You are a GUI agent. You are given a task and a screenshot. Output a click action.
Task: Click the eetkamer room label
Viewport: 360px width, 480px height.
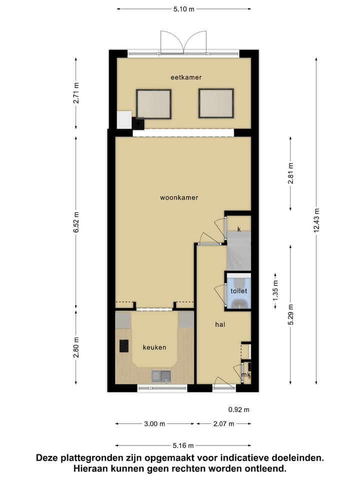[x=186, y=77]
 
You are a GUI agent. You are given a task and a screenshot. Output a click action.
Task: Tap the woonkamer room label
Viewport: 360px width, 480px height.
[x=179, y=197]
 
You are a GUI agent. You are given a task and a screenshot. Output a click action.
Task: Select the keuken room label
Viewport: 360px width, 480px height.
[x=154, y=347]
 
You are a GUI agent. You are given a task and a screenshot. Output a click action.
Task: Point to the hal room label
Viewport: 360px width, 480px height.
[x=220, y=324]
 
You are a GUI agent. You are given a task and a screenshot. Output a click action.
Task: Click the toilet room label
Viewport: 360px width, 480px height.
[x=238, y=290]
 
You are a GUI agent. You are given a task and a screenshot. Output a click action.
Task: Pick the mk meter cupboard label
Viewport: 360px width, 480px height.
[x=245, y=374]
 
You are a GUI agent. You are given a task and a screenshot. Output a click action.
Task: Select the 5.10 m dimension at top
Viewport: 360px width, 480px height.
[x=183, y=9]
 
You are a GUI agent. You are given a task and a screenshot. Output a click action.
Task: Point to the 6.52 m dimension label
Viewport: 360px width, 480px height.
[x=76, y=222]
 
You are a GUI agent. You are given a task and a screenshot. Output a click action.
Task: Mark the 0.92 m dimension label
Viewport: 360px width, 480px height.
[x=238, y=409]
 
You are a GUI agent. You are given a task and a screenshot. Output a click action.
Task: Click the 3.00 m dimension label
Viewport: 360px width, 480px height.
[x=154, y=424]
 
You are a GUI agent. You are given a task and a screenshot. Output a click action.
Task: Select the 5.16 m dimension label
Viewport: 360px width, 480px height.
[x=183, y=445]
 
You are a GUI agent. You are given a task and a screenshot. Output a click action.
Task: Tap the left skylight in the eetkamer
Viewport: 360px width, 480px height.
[x=154, y=104]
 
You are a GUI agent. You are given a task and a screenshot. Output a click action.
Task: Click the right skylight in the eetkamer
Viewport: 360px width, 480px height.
[x=216, y=103]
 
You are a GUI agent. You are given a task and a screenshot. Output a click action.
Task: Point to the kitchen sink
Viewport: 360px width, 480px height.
[x=161, y=375]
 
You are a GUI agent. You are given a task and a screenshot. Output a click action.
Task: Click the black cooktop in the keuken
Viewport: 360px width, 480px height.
[x=123, y=345]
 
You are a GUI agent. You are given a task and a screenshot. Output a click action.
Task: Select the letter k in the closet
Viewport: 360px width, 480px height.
[x=239, y=229]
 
